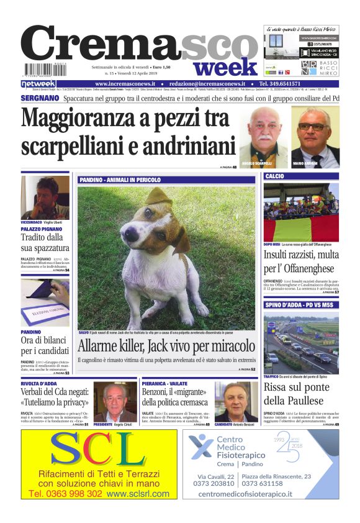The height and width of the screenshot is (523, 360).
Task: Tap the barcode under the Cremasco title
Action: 45,70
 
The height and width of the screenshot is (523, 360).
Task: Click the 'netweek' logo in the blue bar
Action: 38,84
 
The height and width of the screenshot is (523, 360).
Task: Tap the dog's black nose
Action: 132,235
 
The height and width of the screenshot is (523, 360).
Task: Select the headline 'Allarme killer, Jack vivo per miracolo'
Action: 166,345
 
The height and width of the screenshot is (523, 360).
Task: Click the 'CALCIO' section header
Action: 275,177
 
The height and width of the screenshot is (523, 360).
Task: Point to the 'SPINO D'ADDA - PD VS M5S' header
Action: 299,306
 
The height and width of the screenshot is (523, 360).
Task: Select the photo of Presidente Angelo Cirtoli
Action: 115,401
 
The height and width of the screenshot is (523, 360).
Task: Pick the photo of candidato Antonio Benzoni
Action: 236,401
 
